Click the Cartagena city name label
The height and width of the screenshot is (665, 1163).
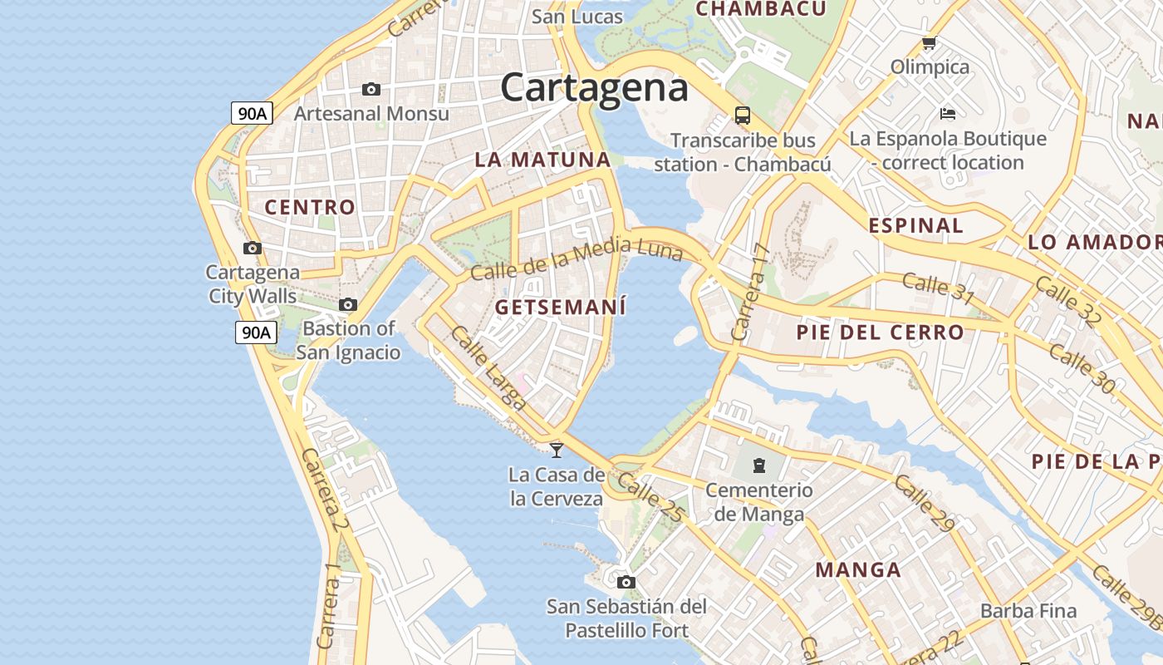pyautogui.click(x=594, y=87)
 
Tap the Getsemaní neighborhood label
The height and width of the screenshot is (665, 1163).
pyautogui.click(x=561, y=307)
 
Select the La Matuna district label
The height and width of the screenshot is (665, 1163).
pyautogui.click(x=542, y=160)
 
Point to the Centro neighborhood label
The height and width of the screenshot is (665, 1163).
pyautogui.click(x=310, y=207)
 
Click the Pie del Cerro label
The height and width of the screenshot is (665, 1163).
pyautogui.click(x=881, y=332)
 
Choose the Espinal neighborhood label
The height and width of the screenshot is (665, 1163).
pyautogui.click(x=915, y=225)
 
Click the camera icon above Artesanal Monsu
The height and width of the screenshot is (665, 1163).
pyautogui.click(x=371, y=89)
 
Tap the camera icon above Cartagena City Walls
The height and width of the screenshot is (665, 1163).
pyautogui.click(x=253, y=248)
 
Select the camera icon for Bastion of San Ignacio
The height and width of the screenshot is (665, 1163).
pyautogui.click(x=348, y=305)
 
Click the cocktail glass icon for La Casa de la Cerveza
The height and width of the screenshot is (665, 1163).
pyautogui.click(x=557, y=450)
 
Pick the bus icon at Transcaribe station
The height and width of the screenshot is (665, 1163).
pyautogui.click(x=743, y=116)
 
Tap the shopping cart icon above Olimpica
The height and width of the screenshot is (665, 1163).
pyautogui.click(x=929, y=42)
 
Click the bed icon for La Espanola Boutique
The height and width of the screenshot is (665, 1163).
pyautogui.click(x=948, y=113)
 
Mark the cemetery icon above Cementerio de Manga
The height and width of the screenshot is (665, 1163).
pyautogui.click(x=759, y=465)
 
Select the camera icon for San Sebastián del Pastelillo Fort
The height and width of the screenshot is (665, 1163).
pyautogui.click(x=626, y=582)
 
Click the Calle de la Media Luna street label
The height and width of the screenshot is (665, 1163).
pyautogui.click(x=577, y=259)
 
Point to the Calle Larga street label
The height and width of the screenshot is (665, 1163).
pyautogui.click(x=488, y=367)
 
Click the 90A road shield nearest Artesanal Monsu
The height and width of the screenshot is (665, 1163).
pyautogui.click(x=252, y=113)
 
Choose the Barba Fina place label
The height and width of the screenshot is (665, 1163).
pyautogui.click(x=1028, y=611)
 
